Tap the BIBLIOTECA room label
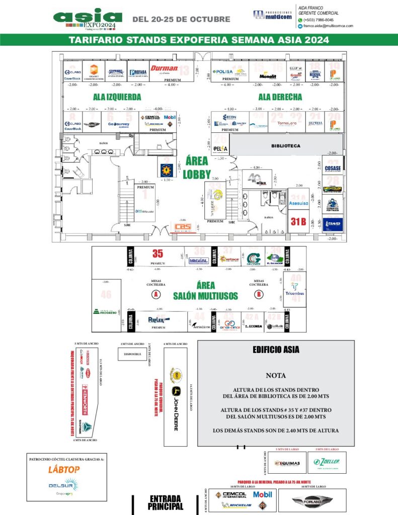click(x=285, y=146)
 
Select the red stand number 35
click(x=157, y=254)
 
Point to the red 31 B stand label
click(x=298, y=221)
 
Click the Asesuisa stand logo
click(x=298, y=204)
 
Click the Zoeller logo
click(x=327, y=462)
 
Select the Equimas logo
click(x=287, y=463)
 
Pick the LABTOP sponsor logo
click(x=64, y=469)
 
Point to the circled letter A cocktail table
click(x=156, y=294)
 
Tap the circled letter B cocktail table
click(x=259, y=294)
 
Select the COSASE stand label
click(x=333, y=168)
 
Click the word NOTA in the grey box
click(x=276, y=375)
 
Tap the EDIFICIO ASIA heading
click(x=276, y=350)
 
